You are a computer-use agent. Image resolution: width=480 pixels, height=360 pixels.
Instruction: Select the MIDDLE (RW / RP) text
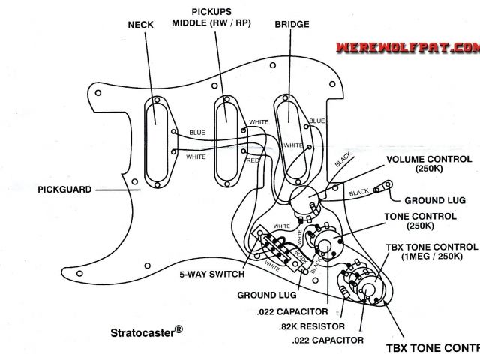[x=211, y=23]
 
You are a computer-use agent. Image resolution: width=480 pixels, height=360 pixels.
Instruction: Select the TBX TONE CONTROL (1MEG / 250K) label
[x=430, y=252]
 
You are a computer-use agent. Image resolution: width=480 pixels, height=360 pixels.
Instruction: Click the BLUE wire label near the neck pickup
[x=196, y=133]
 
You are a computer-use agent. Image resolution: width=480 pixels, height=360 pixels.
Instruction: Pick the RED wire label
[x=253, y=160]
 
